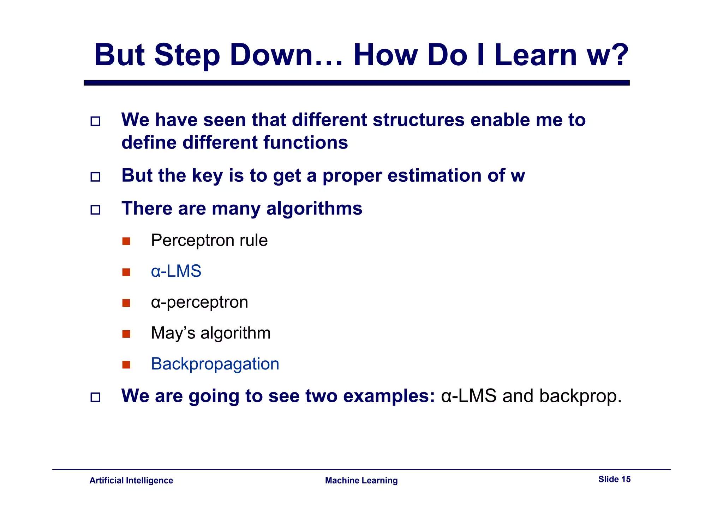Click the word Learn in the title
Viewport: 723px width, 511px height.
(536, 55)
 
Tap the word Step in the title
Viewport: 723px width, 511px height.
(187, 56)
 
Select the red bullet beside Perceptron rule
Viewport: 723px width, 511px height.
(126, 241)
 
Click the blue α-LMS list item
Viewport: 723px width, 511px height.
(176, 271)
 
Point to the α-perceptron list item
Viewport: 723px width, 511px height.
(199, 302)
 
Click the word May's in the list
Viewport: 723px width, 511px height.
(173, 333)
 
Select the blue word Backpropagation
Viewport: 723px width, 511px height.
(215, 364)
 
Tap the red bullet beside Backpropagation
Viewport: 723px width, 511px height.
(126, 365)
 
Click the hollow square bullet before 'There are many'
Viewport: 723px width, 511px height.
(95, 210)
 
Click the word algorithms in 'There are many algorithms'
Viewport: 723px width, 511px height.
(314, 209)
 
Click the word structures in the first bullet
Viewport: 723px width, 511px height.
(418, 120)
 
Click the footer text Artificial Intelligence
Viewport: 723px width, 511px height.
(131, 481)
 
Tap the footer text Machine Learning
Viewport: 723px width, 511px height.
(361, 481)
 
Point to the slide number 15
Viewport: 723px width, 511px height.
(626, 479)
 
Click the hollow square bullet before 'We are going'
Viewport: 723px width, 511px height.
(95, 397)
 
